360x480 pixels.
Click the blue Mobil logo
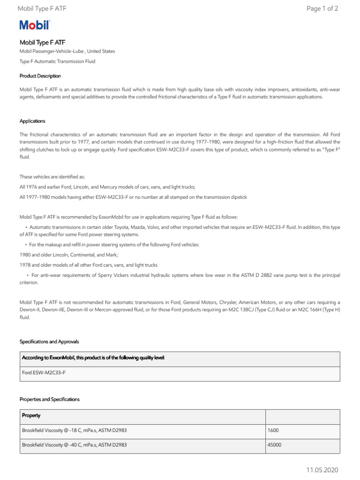34,26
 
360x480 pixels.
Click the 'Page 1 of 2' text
322,8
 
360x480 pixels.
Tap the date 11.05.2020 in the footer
322,470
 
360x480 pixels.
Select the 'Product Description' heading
40,76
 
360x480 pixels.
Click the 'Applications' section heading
32,121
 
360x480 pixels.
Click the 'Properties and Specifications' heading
49,399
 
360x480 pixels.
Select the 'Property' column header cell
31,415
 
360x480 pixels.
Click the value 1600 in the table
274,430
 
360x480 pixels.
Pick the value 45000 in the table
275,444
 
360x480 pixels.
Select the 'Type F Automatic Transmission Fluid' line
57,61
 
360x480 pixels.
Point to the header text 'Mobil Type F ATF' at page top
42,8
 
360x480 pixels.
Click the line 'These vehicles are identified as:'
52,177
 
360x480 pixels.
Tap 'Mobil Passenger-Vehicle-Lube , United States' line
67,51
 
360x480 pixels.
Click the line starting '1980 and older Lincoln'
68,255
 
